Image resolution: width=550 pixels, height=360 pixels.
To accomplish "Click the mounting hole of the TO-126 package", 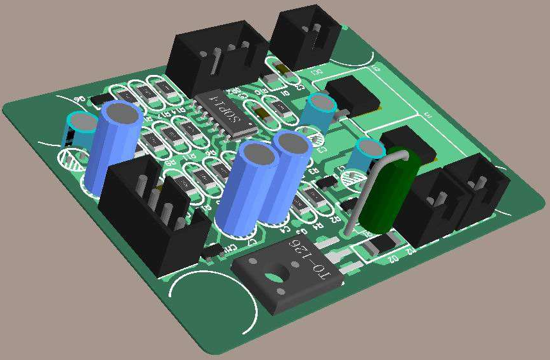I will click(273, 277).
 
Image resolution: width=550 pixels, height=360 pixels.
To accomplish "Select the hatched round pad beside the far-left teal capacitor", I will click(72, 158).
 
